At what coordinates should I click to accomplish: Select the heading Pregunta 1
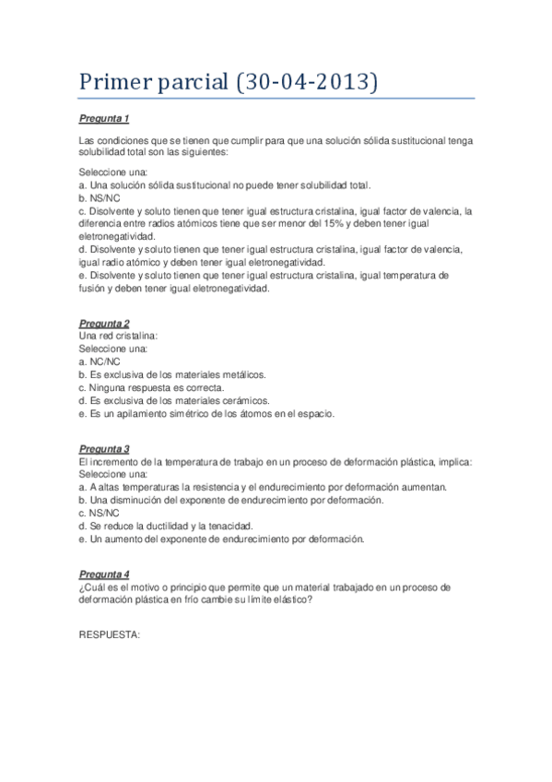pyautogui.click(x=103, y=119)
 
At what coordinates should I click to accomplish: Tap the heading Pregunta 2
pyautogui.click(x=103, y=324)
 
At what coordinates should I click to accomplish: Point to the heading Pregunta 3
pyautogui.click(x=103, y=449)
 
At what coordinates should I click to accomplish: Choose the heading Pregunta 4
pyautogui.click(x=103, y=574)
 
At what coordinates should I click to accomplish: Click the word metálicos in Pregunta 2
pyautogui.click(x=241, y=375)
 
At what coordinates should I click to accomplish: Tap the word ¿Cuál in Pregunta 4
pyautogui.click(x=93, y=586)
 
